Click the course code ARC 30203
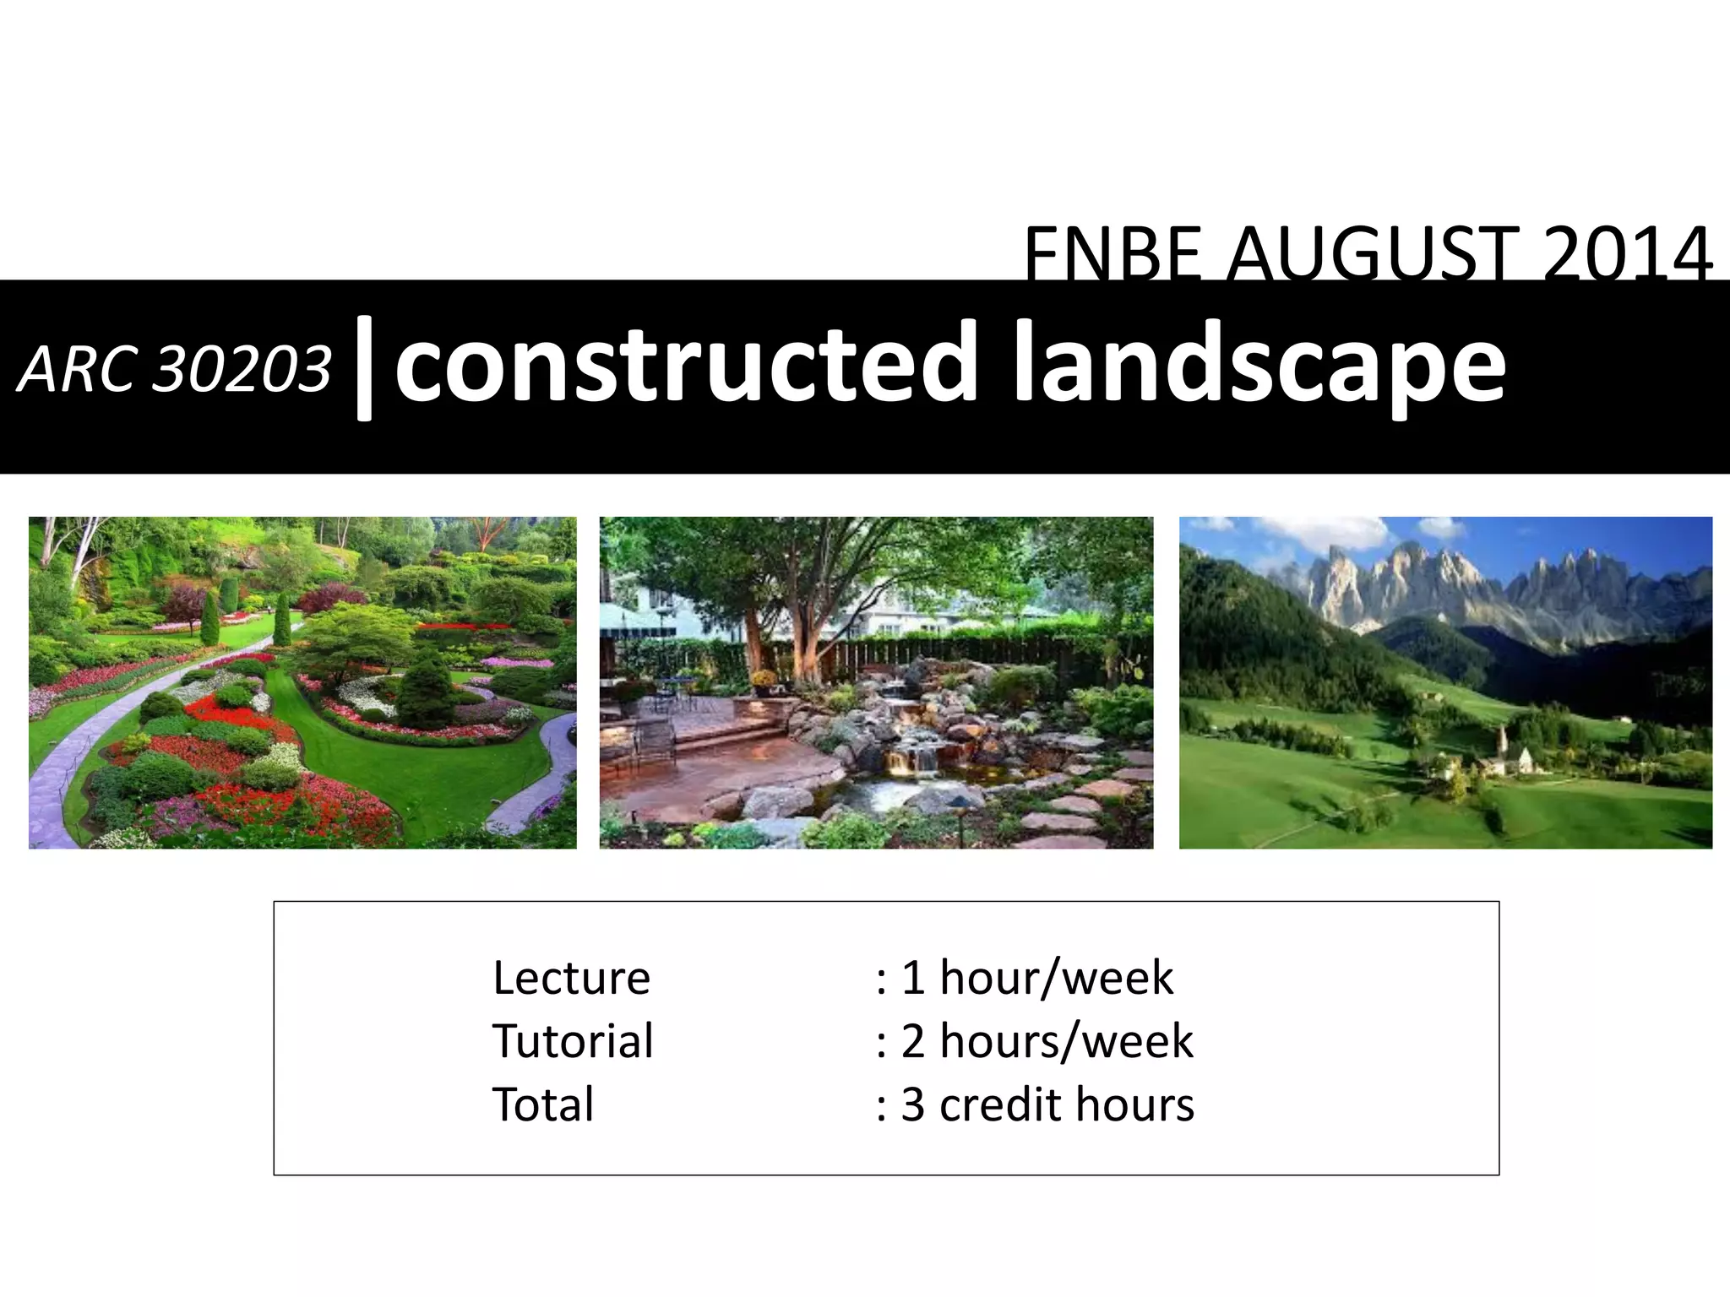[174, 370]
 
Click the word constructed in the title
[684, 363]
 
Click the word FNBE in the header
[1115, 253]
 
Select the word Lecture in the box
[571, 978]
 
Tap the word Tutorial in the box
[573, 1040]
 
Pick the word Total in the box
[543, 1104]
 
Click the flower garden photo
[302, 682]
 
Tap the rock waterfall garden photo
[876, 682]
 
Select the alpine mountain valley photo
[1445, 682]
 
